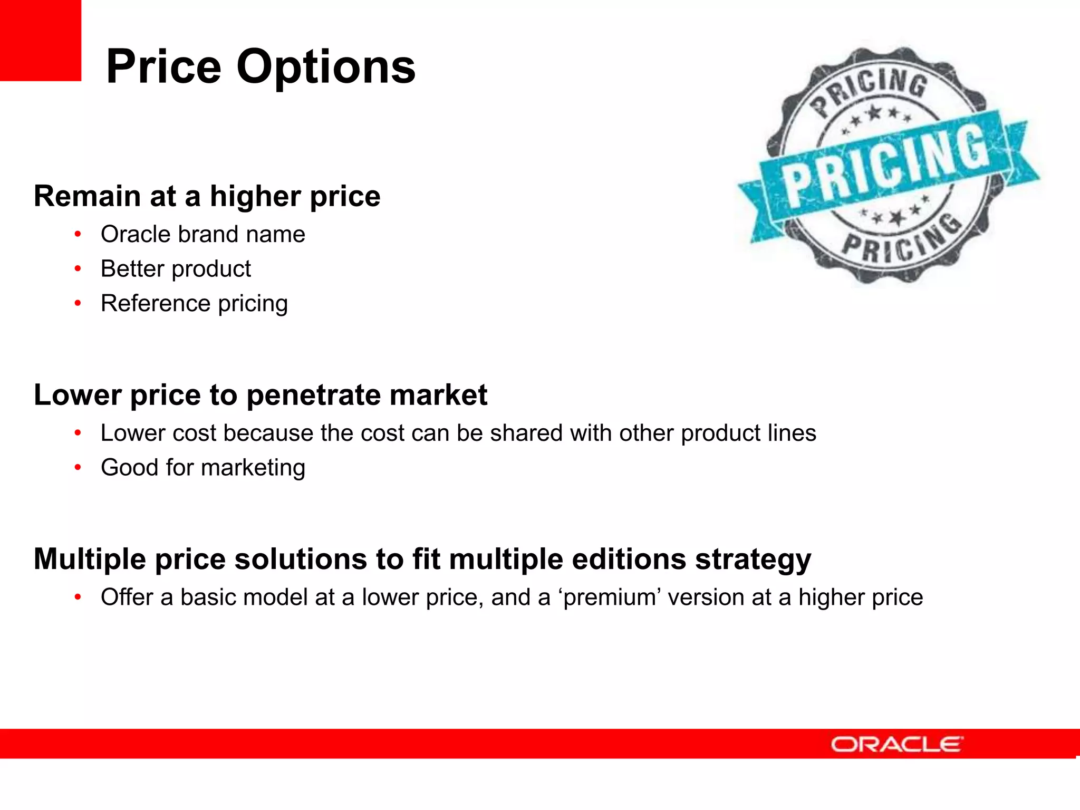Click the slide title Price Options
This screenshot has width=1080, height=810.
[261, 67]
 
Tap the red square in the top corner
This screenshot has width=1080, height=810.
[40, 40]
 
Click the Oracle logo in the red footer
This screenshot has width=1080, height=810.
[896, 744]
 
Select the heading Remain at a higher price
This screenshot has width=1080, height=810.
[207, 196]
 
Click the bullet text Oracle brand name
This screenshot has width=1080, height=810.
[202, 234]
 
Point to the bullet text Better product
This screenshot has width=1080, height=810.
[176, 269]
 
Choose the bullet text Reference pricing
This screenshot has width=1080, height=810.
[194, 304]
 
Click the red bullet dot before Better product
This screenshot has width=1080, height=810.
[78, 269]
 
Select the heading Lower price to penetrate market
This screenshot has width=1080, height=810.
[261, 395]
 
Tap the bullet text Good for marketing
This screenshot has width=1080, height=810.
[202, 468]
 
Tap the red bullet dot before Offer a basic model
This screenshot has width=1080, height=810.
[78, 597]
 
